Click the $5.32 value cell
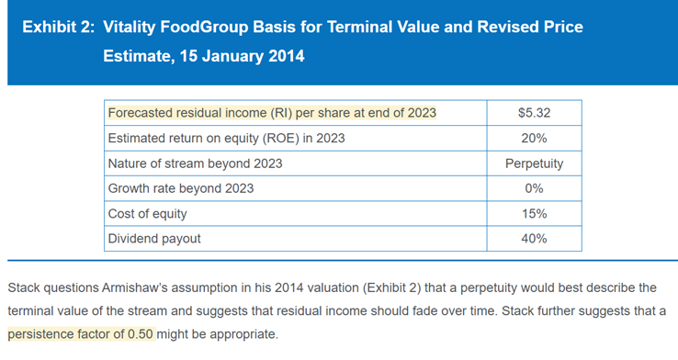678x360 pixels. click(x=534, y=113)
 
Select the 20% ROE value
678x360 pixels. click(x=534, y=139)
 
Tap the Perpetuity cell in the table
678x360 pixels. click(x=534, y=163)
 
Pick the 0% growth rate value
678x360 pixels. click(x=534, y=188)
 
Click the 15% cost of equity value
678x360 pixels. click(x=534, y=213)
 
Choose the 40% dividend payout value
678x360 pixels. click(x=534, y=239)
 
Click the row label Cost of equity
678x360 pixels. click(x=147, y=214)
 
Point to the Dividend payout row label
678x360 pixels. click(x=154, y=239)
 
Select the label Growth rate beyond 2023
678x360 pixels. click(x=181, y=188)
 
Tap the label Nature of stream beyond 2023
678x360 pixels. click(x=195, y=163)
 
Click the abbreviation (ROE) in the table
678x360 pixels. click(x=281, y=139)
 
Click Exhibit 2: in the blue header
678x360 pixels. click(x=59, y=27)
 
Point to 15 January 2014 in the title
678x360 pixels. click(x=243, y=56)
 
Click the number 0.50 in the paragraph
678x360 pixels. click(x=141, y=334)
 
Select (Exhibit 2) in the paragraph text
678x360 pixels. click(x=391, y=287)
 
